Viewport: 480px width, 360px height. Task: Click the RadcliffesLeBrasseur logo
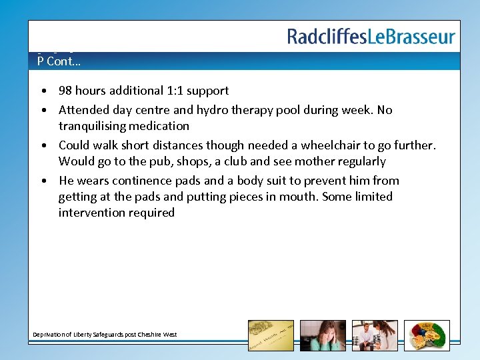pos(371,36)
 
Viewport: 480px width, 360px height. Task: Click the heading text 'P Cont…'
pos(59,61)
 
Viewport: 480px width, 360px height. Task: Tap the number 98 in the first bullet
pos(66,91)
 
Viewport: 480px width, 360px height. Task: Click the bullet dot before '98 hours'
pos(43,91)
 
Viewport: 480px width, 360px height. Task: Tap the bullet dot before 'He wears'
pos(43,181)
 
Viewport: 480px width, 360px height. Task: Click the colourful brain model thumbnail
pos(427,335)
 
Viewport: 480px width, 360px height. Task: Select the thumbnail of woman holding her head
pos(323,335)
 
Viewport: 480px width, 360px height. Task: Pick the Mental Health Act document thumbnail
pos(271,335)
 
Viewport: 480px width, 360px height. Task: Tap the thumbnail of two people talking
pos(375,335)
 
